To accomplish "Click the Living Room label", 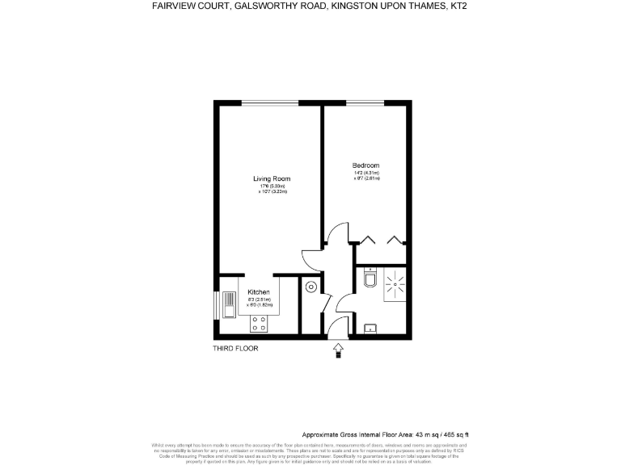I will tap(271, 178).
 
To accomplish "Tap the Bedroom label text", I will tap(365, 165).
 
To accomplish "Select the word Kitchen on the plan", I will tap(259, 291).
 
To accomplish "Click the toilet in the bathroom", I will tap(370, 279).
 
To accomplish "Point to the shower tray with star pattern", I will tap(395, 283).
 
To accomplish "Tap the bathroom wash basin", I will tap(370, 328).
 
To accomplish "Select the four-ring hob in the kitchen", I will tap(260, 323).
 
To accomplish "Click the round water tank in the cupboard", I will tap(310, 287).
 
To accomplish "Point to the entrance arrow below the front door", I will tap(338, 349).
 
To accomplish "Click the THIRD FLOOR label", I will tap(235, 348).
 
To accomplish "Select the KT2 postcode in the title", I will tap(458, 6).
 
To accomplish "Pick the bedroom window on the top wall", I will tap(365, 103).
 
